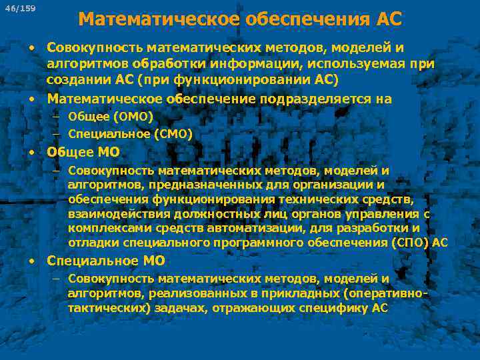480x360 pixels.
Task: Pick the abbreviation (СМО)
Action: [x=171, y=134]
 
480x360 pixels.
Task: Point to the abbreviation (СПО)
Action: [x=411, y=242]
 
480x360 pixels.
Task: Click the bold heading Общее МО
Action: [x=83, y=152]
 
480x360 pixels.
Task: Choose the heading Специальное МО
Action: [x=105, y=261]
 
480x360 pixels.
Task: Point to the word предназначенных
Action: [x=206, y=185]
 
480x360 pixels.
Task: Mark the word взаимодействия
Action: [x=119, y=214]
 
